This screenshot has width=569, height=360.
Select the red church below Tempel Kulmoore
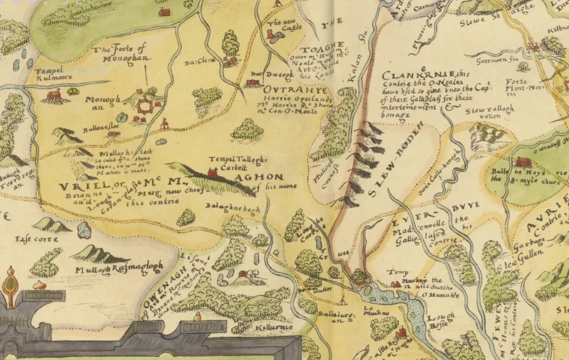click(54, 95)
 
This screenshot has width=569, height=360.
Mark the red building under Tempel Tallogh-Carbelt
click(213, 172)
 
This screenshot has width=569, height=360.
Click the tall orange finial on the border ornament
click(10, 280)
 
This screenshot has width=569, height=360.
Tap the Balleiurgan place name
click(331, 316)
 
